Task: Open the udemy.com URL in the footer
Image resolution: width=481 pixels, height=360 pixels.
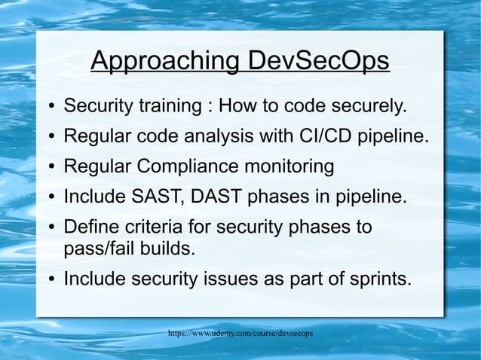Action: coord(240,332)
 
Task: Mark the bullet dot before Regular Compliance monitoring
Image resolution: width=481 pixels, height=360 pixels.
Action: coord(50,168)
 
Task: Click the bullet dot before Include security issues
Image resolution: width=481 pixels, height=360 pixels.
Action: coord(50,280)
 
